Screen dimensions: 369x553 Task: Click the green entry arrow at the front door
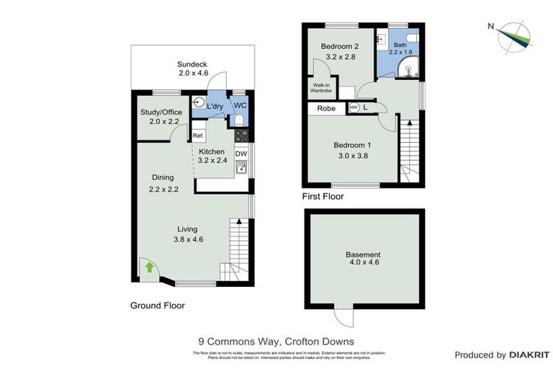tap(149, 267)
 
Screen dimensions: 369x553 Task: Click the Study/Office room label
tap(161, 112)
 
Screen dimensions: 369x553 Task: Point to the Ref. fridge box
tap(198, 135)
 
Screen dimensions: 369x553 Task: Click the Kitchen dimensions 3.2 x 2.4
tap(212, 161)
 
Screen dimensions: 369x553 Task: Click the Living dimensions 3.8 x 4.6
tap(188, 239)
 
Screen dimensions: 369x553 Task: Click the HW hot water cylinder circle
tap(354, 108)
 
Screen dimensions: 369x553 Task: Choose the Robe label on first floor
tap(326, 108)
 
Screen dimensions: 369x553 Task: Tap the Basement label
tap(363, 255)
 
